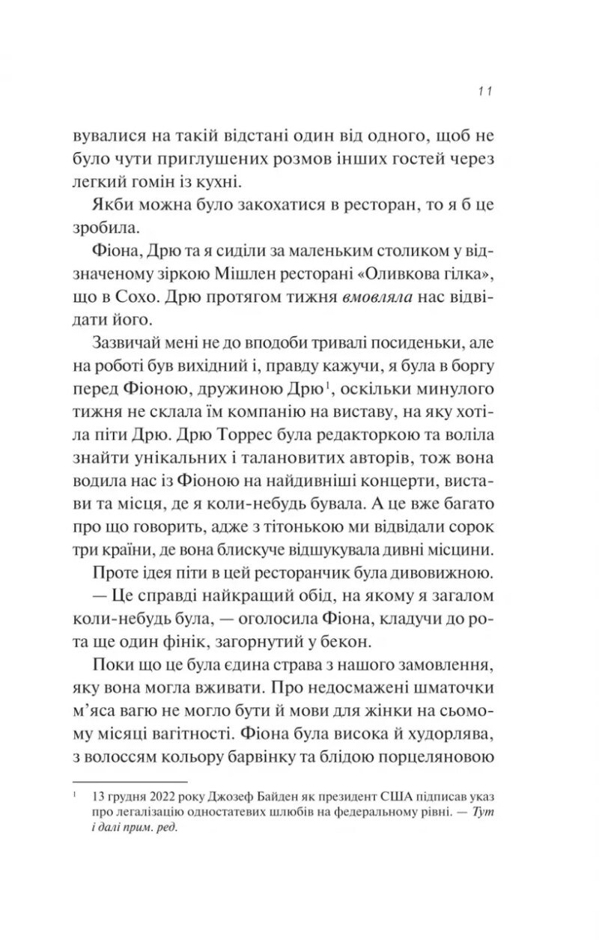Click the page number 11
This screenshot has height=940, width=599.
pos(484,91)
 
